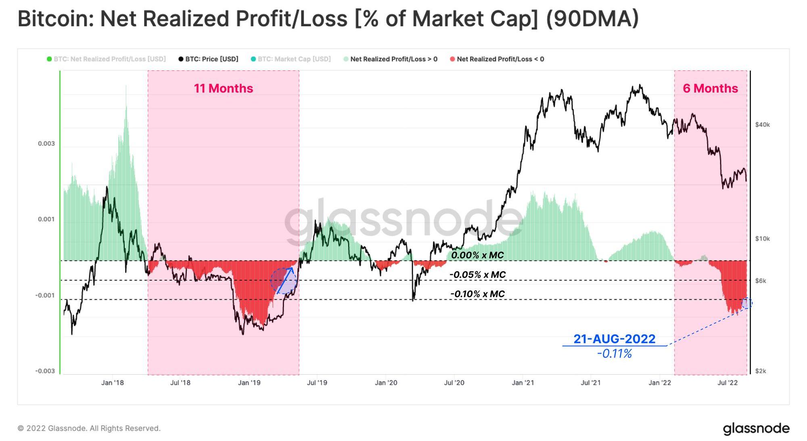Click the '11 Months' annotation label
coord(223,88)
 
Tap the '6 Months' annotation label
coord(710,88)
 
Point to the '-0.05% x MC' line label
coord(477,275)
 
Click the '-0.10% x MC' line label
coord(477,294)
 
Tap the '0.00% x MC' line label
coord(477,255)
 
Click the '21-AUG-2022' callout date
coord(615,339)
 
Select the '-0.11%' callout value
coord(615,354)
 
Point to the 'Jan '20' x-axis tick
coord(386,382)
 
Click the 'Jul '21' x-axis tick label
coord(591,382)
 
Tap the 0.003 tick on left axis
coord(46,144)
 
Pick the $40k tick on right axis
coord(763,125)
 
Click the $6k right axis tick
coord(761,281)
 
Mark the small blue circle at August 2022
coord(747,303)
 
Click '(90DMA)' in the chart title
coord(592,19)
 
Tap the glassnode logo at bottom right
coord(756,428)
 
